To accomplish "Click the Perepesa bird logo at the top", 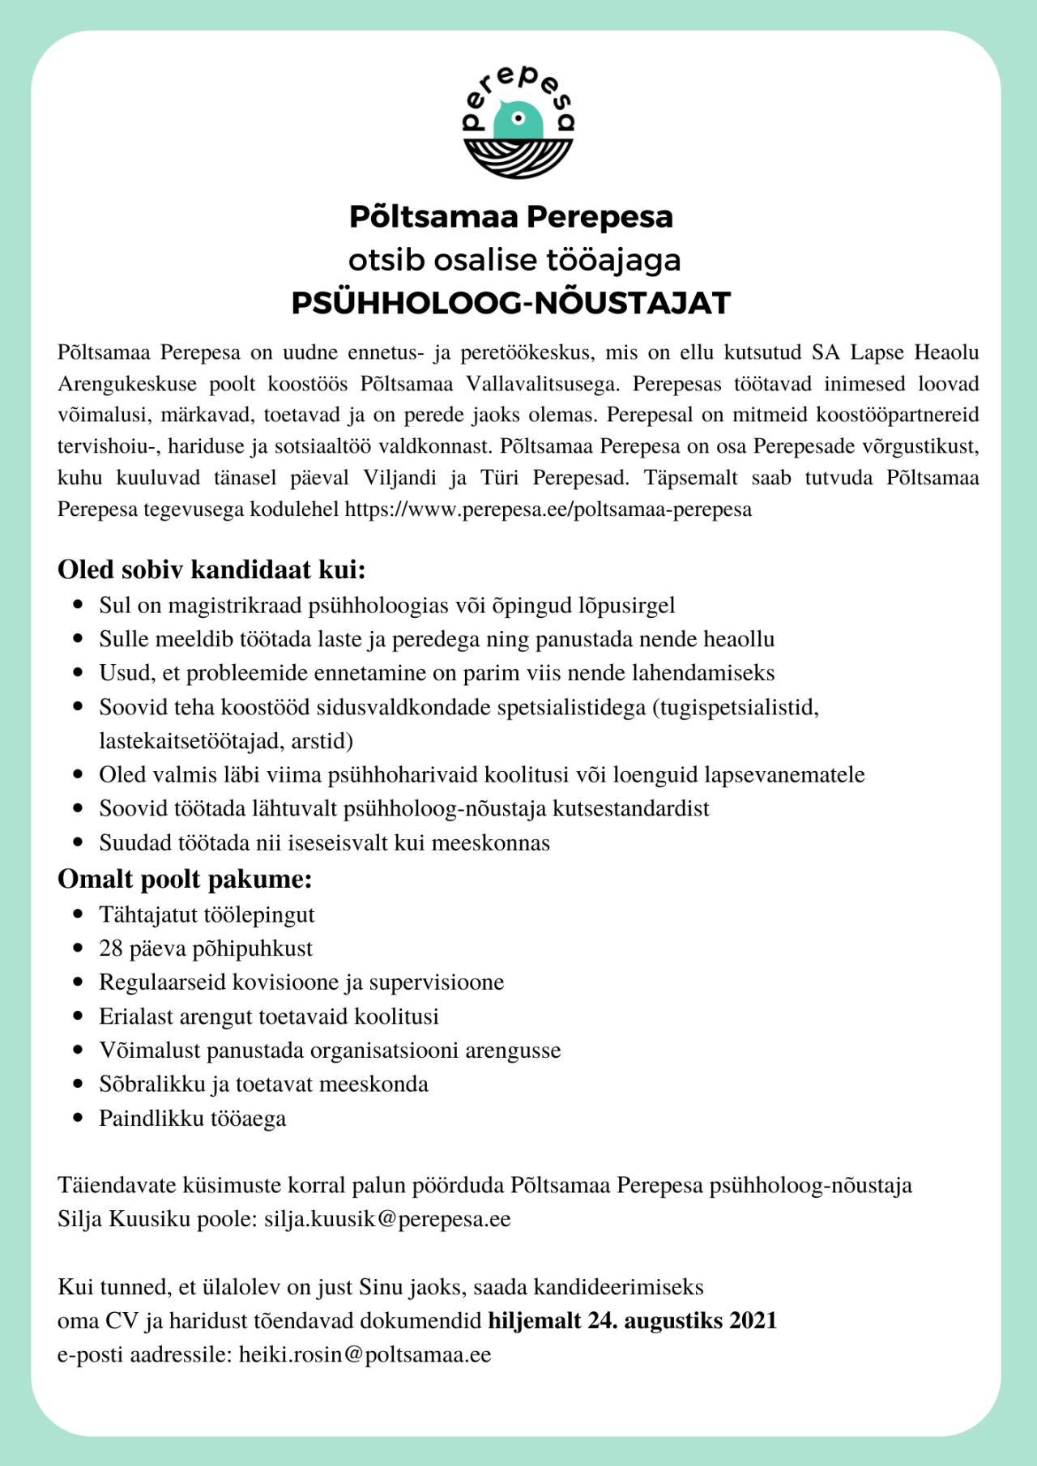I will pyautogui.click(x=518, y=121).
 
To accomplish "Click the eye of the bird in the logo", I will pyautogui.click(x=519, y=118).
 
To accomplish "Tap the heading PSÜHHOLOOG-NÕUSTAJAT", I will pyautogui.click(x=511, y=303).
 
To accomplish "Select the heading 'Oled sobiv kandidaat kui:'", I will pyautogui.click(x=211, y=569).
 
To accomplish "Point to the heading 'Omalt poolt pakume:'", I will pyautogui.click(x=185, y=879).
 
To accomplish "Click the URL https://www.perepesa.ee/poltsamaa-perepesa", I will pyautogui.click(x=548, y=509).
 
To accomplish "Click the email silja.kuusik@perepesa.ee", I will pyautogui.click(x=387, y=1219).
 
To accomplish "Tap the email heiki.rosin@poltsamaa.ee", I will pyautogui.click(x=365, y=1355).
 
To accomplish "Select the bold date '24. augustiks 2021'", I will pyautogui.click(x=682, y=1321).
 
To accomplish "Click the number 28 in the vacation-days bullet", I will pyautogui.click(x=111, y=948).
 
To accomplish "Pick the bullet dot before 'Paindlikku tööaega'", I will pyautogui.click(x=79, y=1119).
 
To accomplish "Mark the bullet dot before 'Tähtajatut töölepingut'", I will pyautogui.click(x=79, y=914).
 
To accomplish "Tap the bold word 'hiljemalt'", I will pyautogui.click(x=535, y=1321).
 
